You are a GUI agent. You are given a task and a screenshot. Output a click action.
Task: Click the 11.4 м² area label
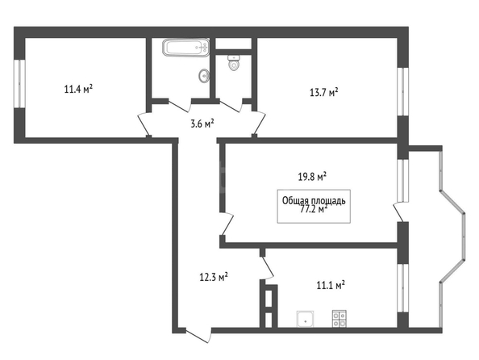(78, 90)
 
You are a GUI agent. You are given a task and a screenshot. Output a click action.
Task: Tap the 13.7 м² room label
(324, 92)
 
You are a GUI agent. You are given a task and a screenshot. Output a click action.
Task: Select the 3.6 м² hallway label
(202, 124)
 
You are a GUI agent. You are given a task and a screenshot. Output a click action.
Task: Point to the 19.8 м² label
(312, 177)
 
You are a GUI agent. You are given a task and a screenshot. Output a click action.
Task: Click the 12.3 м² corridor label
(214, 277)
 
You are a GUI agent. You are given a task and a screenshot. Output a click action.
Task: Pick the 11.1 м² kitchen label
(331, 286)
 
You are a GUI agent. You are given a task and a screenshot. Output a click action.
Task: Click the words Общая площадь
(314, 201)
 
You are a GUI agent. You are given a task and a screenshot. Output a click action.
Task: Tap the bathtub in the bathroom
(185, 48)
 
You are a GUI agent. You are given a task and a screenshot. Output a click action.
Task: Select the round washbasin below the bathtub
(204, 75)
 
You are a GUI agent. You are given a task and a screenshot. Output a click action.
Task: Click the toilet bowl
(234, 63)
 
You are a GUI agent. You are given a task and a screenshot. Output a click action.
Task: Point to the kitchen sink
(305, 319)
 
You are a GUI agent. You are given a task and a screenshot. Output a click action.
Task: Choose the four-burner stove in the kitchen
(339, 318)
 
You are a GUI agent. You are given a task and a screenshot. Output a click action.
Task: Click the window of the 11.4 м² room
(19, 83)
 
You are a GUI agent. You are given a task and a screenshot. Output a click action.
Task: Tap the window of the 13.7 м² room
(403, 91)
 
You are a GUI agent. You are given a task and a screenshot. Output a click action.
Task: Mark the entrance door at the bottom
(198, 335)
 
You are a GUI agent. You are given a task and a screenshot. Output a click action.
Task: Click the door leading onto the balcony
(398, 212)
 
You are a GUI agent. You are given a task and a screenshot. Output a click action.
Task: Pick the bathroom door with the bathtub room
(180, 106)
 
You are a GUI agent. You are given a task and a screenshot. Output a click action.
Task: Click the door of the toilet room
(231, 106)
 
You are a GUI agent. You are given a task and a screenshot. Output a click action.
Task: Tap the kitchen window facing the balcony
(403, 288)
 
